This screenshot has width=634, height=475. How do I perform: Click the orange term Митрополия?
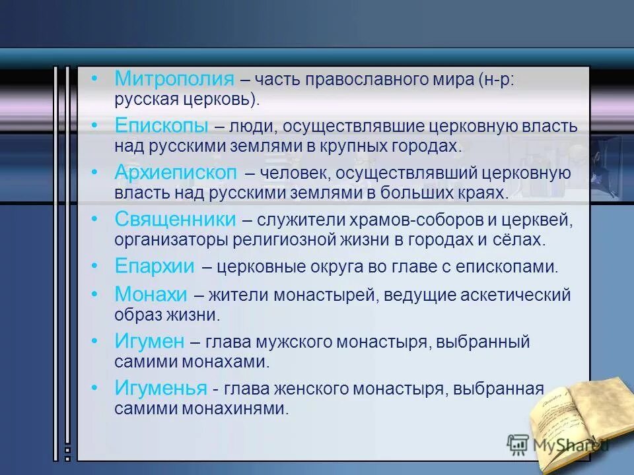click(174, 79)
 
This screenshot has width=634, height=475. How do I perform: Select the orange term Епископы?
click(162, 125)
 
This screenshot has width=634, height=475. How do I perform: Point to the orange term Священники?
click(175, 219)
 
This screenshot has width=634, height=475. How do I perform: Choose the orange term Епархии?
click(155, 266)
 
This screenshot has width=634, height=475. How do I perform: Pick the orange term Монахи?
click(151, 294)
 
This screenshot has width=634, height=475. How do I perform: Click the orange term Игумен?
click(149, 342)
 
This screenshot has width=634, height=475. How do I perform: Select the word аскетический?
click(521, 295)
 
